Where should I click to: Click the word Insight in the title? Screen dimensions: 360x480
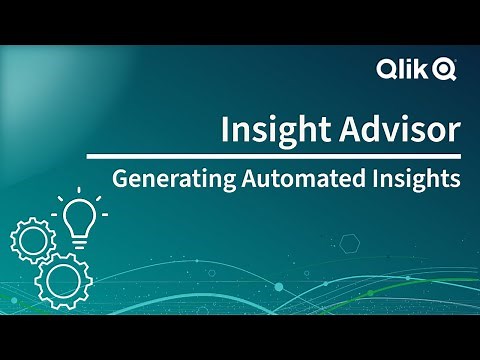(x=269, y=131)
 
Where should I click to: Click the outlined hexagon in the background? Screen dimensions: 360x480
(x=350, y=242)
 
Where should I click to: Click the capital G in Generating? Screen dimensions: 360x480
(x=120, y=181)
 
